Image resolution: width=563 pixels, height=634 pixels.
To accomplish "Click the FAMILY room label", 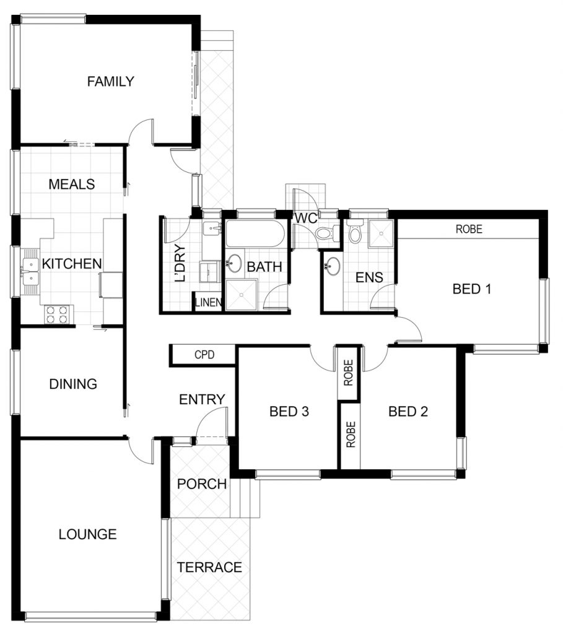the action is click(x=110, y=81).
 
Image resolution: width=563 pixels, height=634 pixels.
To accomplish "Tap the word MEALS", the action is click(x=72, y=185).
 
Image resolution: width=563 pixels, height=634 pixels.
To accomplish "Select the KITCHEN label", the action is click(x=72, y=264).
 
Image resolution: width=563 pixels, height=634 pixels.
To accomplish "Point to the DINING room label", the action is click(x=73, y=384).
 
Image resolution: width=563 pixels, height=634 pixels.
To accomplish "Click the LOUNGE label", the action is click(x=88, y=534).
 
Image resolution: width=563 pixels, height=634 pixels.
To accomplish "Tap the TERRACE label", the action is click(x=209, y=567).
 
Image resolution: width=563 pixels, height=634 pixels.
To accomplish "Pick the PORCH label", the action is click(x=202, y=484).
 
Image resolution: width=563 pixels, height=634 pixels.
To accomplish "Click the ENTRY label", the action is click(x=203, y=399).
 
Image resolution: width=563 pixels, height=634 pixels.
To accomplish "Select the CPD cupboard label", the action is click(x=204, y=355).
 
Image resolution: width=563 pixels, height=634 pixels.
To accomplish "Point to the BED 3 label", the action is click(x=289, y=412).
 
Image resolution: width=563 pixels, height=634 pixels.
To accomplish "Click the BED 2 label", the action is click(x=408, y=412).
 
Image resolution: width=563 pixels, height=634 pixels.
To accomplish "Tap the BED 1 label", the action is click(x=471, y=289).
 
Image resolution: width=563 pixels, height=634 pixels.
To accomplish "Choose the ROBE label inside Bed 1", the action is click(x=469, y=229).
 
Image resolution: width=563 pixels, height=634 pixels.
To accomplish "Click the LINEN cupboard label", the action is click(x=209, y=302).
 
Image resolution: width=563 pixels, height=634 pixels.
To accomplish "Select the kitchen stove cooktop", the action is click(x=56, y=315).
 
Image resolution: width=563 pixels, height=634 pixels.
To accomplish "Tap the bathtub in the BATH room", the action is click(x=255, y=233).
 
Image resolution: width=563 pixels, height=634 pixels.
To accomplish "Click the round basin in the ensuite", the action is click(x=333, y=266).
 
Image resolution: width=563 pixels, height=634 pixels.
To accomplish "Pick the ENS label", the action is click(x=369, y=277).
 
